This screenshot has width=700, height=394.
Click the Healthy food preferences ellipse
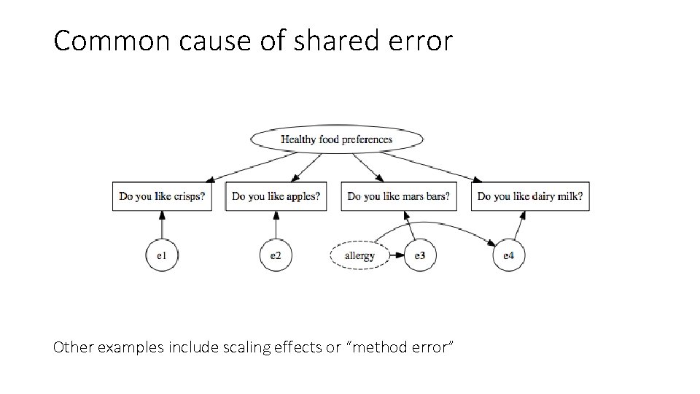pyautogui.click(x=336, y=139)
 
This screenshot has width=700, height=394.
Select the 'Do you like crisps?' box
pyautogui.click(x=162, y=196)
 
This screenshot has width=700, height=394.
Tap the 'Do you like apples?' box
pyautogui.click(x=276, y=196)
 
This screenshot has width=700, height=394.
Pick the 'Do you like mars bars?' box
pyautogui.click(x=398, y=196)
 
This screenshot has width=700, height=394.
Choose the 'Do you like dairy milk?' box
pyautogui.click(x=530, y=196)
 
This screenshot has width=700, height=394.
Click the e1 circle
pyautogui.click(x=161, y=256)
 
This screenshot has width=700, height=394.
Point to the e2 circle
pyautogui.click(x=276, y=256)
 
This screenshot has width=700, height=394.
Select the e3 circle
pyautogui.click(x=420, y=256)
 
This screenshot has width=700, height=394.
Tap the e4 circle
pyautogui.click(x=508, y=256)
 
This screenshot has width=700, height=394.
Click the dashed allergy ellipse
pyautogui.click(x=359, y=256)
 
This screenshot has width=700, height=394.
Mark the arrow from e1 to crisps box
pyautogui.click(x=162, y=225)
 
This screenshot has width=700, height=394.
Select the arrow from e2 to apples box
pyautogui.click(x=276, y=225)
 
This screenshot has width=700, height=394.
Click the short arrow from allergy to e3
pyautogui.click(x=397, y=256)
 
